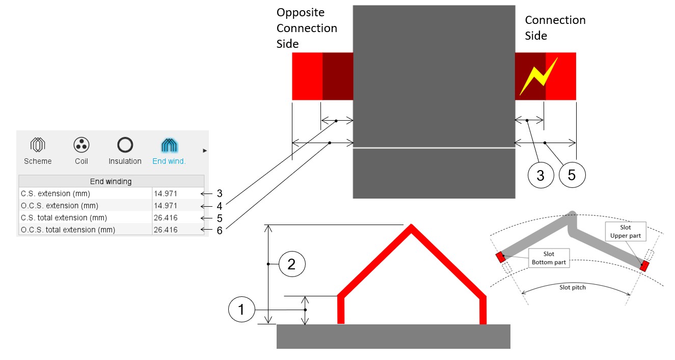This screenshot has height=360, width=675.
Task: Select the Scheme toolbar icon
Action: click(x=38, y=146)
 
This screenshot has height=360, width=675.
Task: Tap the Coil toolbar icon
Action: click(x=81, y=146)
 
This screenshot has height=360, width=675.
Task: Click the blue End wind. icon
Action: click(x=169, y=146)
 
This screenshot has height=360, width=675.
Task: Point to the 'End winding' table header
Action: click(x=111, y=181)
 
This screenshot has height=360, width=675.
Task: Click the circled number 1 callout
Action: click(x=242, y=310)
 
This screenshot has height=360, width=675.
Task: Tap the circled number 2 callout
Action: click(x=291, y=264)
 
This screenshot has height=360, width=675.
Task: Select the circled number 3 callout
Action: click(x=541, y=175)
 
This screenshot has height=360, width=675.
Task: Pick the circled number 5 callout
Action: click(x=572, y=175)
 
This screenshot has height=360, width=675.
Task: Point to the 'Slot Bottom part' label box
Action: click(x=549, y=258)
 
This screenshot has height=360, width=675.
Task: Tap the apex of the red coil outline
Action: click(x=411, y=228)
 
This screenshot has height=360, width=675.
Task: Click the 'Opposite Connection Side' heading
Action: click(x=307, y=28)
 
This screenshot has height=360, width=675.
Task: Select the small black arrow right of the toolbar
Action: click(x=205, y=150)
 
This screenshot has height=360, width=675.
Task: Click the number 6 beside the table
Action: click(x=220, y=230)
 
